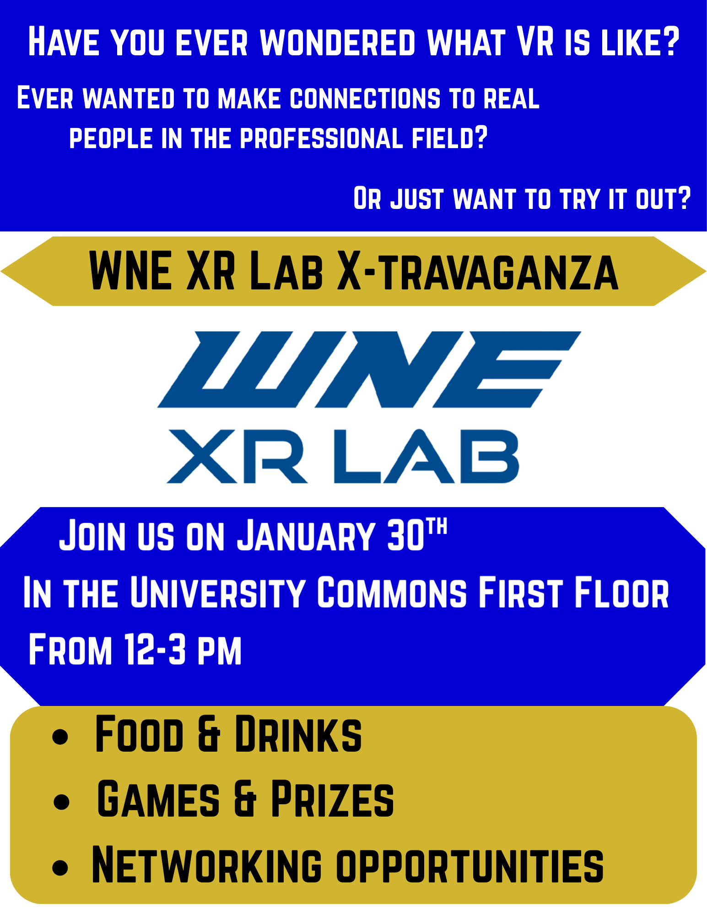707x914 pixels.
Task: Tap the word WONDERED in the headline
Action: (x=338, y=42)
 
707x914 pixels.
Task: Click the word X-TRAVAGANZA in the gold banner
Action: (x=478, y=272)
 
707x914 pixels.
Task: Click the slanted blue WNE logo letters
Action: (x=369, y=369)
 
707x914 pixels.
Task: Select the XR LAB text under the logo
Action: (x=342, y=456)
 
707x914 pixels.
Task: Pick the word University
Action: (x=218, y=593)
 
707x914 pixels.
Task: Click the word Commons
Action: (x=392, y=593)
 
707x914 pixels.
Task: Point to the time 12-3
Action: (x=155, y=649)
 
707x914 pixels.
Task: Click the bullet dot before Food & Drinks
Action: (x=60, y=737)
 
